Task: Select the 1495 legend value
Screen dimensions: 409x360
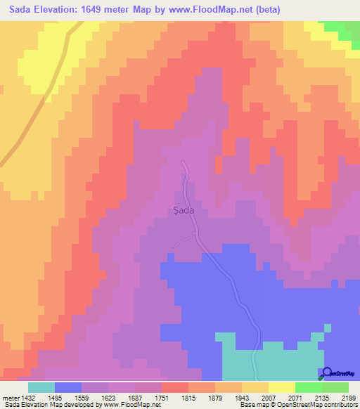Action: [64, 397]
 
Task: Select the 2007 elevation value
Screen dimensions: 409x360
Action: [281, 397]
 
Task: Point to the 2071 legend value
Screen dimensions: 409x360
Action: [307, 397]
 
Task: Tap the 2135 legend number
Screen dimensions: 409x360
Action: [334, 397]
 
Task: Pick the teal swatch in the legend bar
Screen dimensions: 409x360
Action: [41, 387]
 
